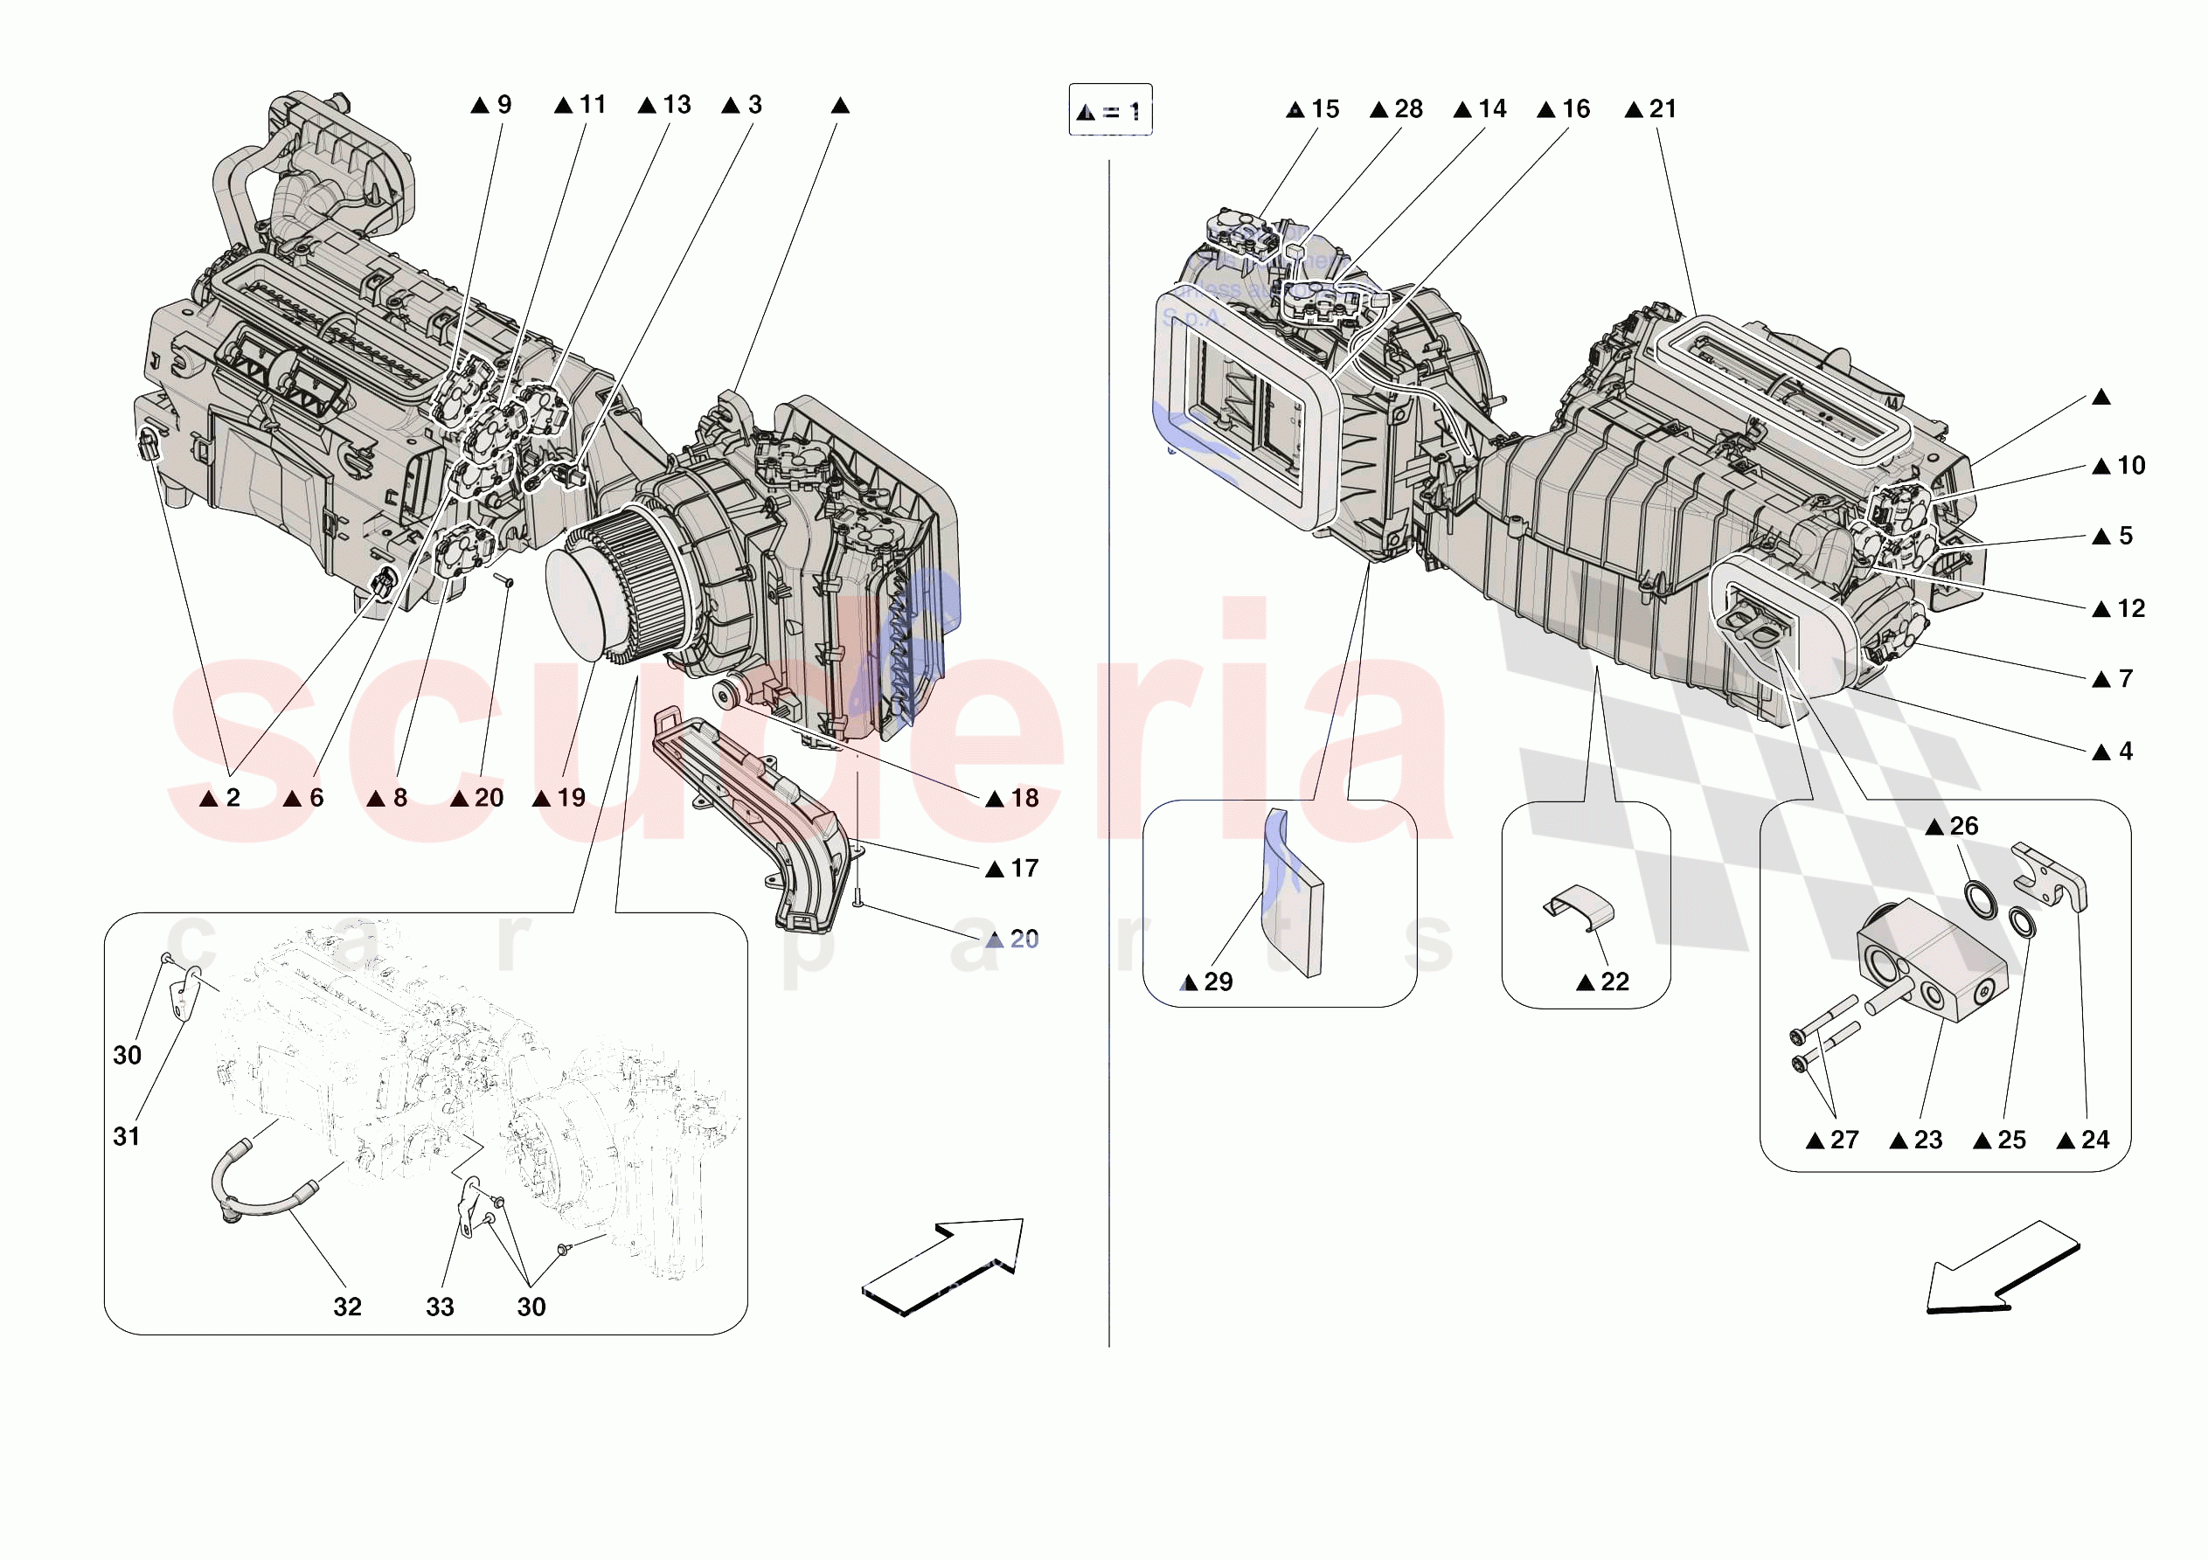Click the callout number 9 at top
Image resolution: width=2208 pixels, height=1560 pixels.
[503, 104]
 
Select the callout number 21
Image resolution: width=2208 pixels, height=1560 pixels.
[1662, 108]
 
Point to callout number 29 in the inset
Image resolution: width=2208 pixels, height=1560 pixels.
[1218, 982]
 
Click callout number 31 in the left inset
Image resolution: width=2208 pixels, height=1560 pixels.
[127, 1137]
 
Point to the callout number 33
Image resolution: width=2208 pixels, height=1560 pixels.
[440, 1307]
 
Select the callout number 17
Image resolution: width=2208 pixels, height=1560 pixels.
[1024, 869]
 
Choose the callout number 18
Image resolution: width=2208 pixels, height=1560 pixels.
[1024, 798]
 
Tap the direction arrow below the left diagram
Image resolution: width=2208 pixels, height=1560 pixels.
[943, 1265]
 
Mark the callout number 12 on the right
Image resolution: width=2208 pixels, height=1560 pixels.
[2131, 609]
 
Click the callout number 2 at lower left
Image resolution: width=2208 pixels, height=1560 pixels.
[233, 797]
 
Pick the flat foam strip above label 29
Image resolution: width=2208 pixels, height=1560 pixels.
[1295, 893]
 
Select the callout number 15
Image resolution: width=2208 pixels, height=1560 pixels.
[1324, 108]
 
